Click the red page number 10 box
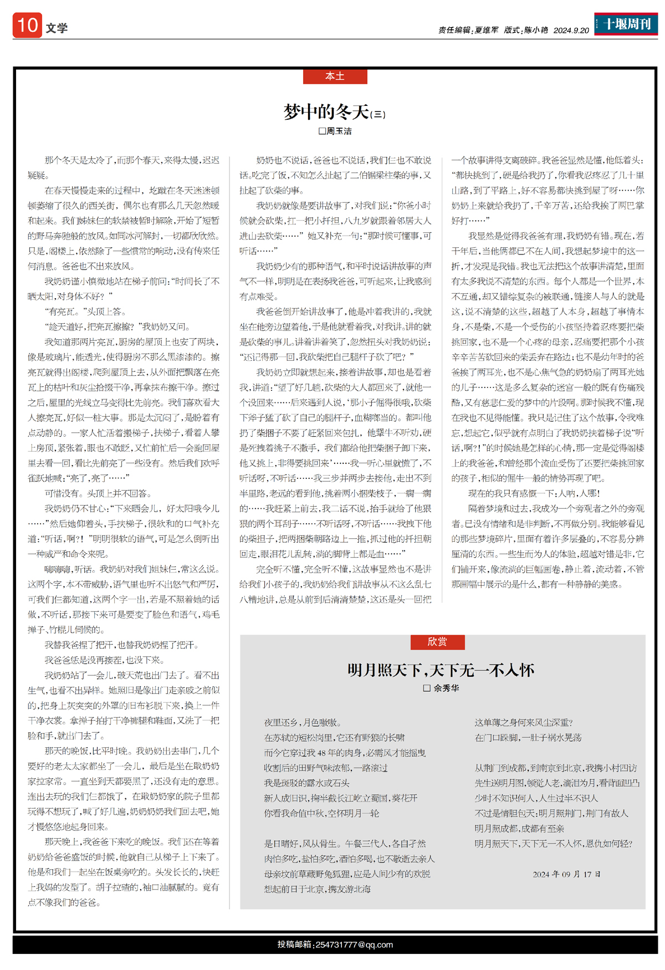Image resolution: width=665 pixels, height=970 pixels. (27, 25)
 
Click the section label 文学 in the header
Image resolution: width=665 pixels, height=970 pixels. (57, 28)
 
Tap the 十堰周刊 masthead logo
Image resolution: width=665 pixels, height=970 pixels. (626, 24)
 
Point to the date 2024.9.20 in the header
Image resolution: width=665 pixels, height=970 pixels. (571, 30)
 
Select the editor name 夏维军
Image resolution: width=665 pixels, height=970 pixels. (486, 30)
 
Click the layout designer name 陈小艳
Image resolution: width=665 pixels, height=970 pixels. (536, 30)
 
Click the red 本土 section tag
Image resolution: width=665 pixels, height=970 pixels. (335, 76)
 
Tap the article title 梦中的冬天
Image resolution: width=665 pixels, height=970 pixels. (326, 112)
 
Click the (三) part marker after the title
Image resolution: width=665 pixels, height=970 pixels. (377, 115)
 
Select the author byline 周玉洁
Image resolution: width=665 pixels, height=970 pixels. (339, 131)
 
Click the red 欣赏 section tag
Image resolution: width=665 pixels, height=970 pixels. (437, 642)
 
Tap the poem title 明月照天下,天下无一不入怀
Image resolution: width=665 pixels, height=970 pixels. (441, 670)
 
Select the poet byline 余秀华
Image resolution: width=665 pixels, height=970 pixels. (446, 688)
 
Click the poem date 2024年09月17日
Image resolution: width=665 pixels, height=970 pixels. (566, 874)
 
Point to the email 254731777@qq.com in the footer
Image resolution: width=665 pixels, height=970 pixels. (354, 945)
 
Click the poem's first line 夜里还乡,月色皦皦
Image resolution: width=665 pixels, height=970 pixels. (303, 723)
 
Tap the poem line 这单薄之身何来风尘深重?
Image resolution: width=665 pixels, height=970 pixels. (524, 723)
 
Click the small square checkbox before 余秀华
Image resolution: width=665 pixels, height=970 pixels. (427, 688)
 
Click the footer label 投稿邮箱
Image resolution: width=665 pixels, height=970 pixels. (295, 945)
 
